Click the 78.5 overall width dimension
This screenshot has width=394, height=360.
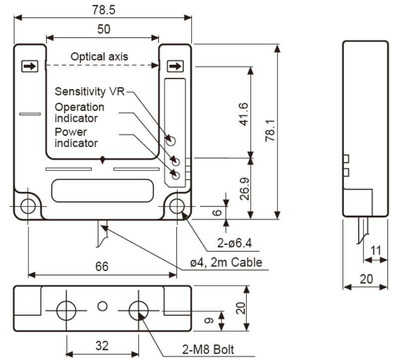[103, 9]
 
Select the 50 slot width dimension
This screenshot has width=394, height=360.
[103, 29]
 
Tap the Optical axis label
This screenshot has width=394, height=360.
[99, 56]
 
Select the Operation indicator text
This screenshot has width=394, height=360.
[80, 113]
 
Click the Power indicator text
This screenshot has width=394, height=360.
[76, 138]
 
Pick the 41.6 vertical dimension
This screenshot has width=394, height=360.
[243, 113]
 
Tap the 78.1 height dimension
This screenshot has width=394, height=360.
[270, 131]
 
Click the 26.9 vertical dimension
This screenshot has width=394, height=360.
[243, 188]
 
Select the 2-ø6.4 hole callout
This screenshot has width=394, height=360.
[234, 243]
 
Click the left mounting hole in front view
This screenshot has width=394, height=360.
[28, 206]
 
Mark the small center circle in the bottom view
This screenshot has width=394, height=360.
[103, 306]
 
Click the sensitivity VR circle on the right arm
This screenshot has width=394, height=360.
[171, 139]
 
